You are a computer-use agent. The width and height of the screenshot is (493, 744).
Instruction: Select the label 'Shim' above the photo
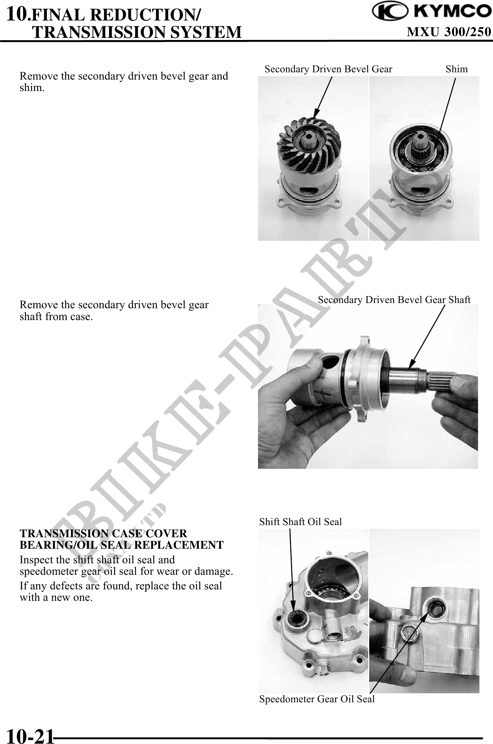coord(456,69)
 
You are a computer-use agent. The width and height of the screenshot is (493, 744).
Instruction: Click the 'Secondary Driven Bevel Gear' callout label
coord(328,69)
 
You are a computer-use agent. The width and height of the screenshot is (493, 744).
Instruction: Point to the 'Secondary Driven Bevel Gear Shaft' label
coord(394,300)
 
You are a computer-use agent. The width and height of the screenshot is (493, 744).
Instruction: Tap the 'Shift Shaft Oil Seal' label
coord(300,522)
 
